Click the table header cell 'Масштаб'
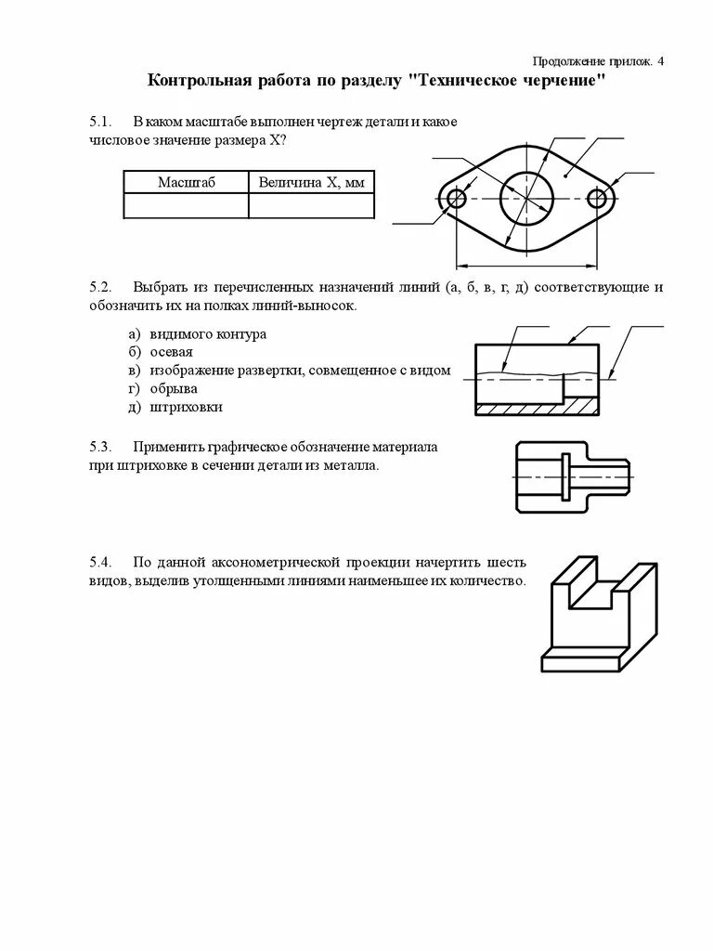(x=186, y=182)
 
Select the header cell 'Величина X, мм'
(x=311, y=182)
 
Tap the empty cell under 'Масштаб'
(x=186, y=205)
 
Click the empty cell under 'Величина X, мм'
(x=311, y=205)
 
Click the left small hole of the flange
(x=456, y=198)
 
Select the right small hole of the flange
(x=598, y=198)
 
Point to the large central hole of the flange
(x=526, y=198)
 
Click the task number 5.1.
(x=100, y=123)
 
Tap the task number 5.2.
(x=100, y=287)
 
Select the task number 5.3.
(x=100, y=447)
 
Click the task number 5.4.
(x=100, y=563)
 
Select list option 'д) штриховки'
(x=175, y=407)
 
